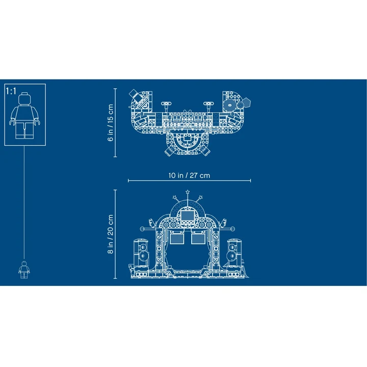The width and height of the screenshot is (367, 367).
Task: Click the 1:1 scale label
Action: tap(11, 91)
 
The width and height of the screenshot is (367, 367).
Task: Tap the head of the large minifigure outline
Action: tap(24, 98)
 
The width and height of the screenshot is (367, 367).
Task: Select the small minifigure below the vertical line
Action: tap(24, 270)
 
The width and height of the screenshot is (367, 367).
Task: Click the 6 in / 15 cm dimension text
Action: tap(111, 123)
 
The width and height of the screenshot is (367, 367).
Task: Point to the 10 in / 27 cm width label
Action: tap(189, 175)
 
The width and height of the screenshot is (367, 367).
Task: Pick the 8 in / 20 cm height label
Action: tap(111, 234)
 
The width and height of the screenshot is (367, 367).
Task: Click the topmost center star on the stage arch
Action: tap(188, 192)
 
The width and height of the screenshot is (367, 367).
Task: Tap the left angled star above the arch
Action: tap(175, 198)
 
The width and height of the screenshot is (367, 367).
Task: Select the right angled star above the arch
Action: tap(200, 198)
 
